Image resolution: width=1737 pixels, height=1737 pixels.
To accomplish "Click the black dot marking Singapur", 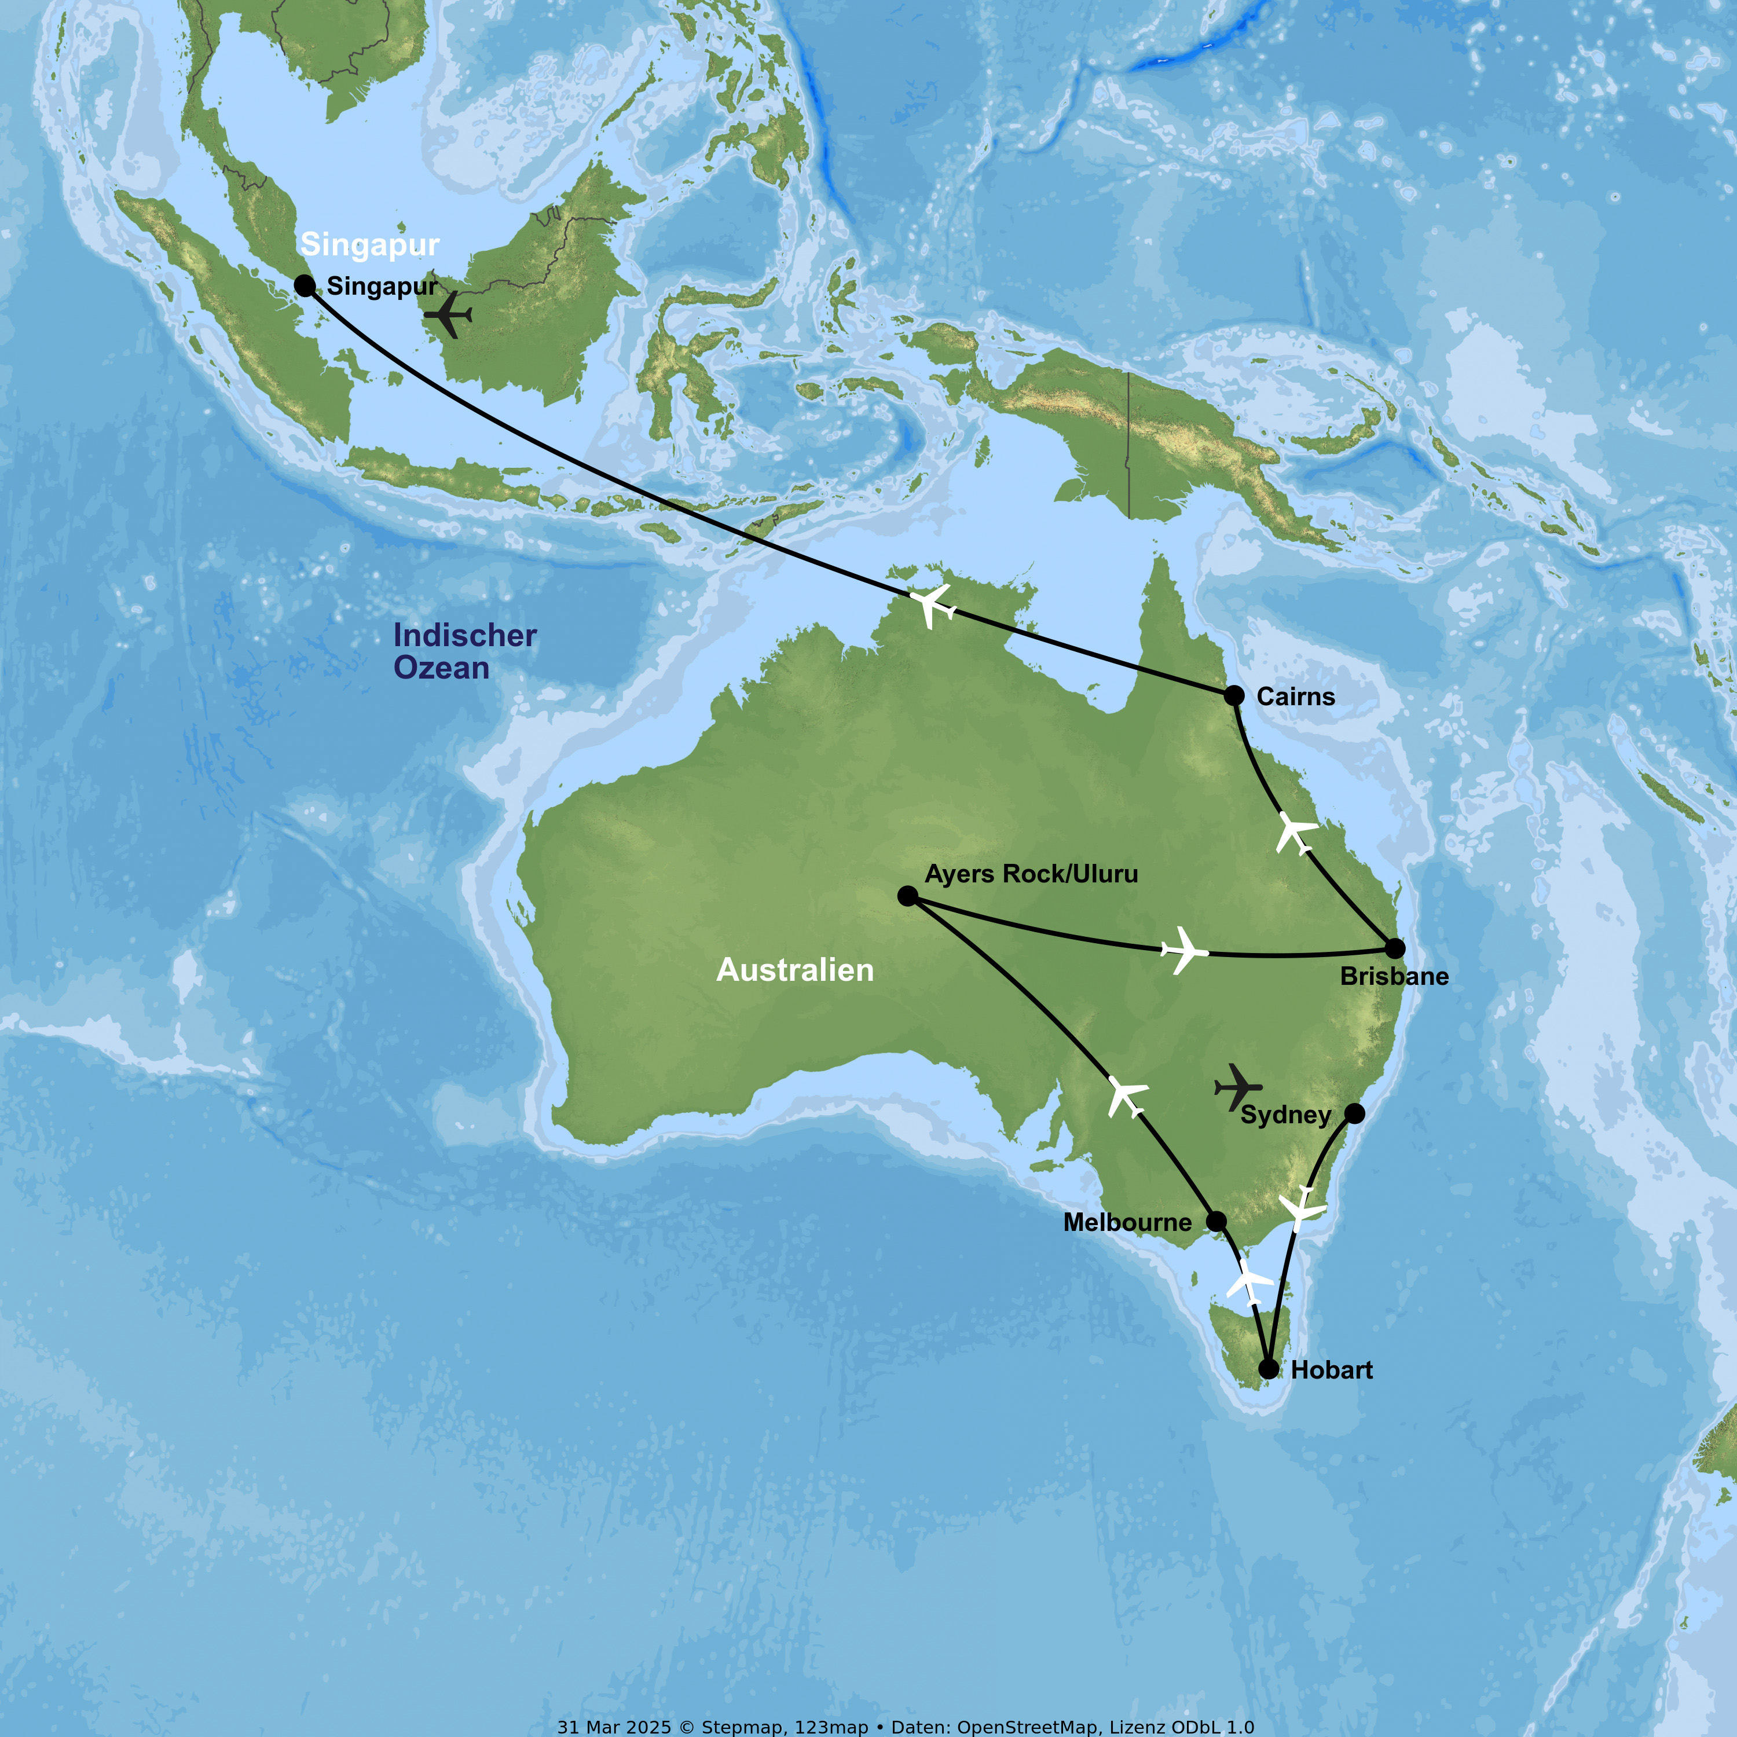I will click(305, 286).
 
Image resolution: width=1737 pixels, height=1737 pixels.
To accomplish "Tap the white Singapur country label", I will click(369, 244).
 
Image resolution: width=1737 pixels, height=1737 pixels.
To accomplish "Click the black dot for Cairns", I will click(1234, 695).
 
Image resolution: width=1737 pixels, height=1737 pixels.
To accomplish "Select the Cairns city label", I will click(1296, 697).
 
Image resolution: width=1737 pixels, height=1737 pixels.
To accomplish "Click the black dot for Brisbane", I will click(1394, 948).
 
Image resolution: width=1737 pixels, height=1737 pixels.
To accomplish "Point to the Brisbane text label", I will click(1394, 976).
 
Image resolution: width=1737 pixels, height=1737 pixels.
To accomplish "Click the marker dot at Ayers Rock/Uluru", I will click(908, 896).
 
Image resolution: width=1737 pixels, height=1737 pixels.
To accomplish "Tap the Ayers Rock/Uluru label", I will click(1031, 874).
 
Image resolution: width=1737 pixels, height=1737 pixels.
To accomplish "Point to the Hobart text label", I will click(1332, 1370).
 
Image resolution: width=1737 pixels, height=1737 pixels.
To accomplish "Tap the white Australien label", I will click(795, 970).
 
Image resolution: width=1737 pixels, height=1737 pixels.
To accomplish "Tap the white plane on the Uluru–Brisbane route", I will click(1183, 950).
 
